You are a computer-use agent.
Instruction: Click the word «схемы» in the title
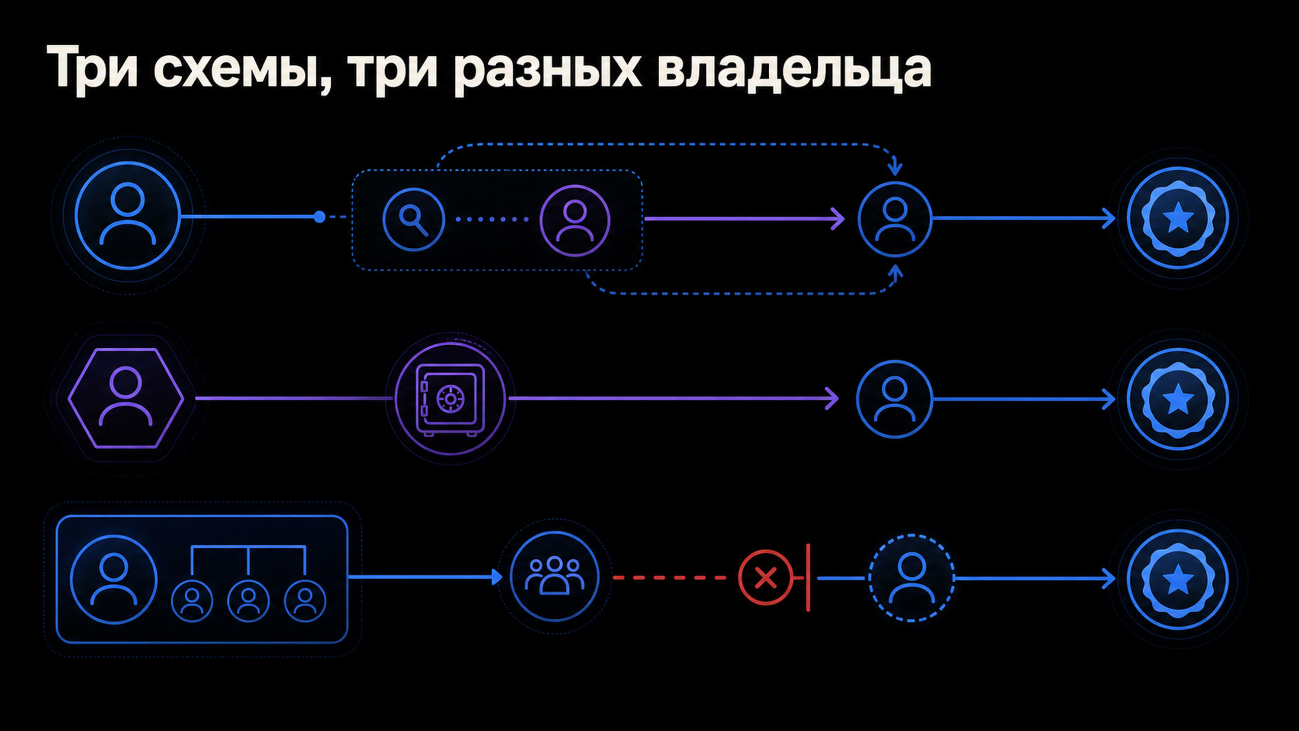(x=242, y=70)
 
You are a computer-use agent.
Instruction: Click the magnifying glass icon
(x=414, y=219)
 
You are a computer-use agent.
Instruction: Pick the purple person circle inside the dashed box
(x=574, y=220)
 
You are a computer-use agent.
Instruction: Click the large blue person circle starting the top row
(x=128, y=215)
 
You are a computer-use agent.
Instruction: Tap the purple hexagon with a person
(x=126, y=398)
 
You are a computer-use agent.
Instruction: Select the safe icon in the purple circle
(x=450, y=398)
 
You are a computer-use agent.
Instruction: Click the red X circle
(x=765, y=577)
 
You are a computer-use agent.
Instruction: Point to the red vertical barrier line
(x=808, y=577)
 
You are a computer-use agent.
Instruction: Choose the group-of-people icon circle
(x=555, y=577)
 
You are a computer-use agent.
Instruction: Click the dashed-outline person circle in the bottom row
(x=911, y=578)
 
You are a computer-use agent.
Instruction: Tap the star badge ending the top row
(x=1178, y=218)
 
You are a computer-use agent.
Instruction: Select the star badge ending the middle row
(x=1178, y=399)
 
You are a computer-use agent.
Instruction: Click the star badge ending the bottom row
(x=1178, y=579)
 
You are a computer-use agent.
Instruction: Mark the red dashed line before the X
(x=670, y=578)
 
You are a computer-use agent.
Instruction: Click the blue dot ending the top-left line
(x=319, y=217)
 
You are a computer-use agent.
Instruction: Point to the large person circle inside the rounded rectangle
(x=114, y=579)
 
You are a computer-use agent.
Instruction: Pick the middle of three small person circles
(x=248, y=601)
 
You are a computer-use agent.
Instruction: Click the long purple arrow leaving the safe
(x=674, y=398)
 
